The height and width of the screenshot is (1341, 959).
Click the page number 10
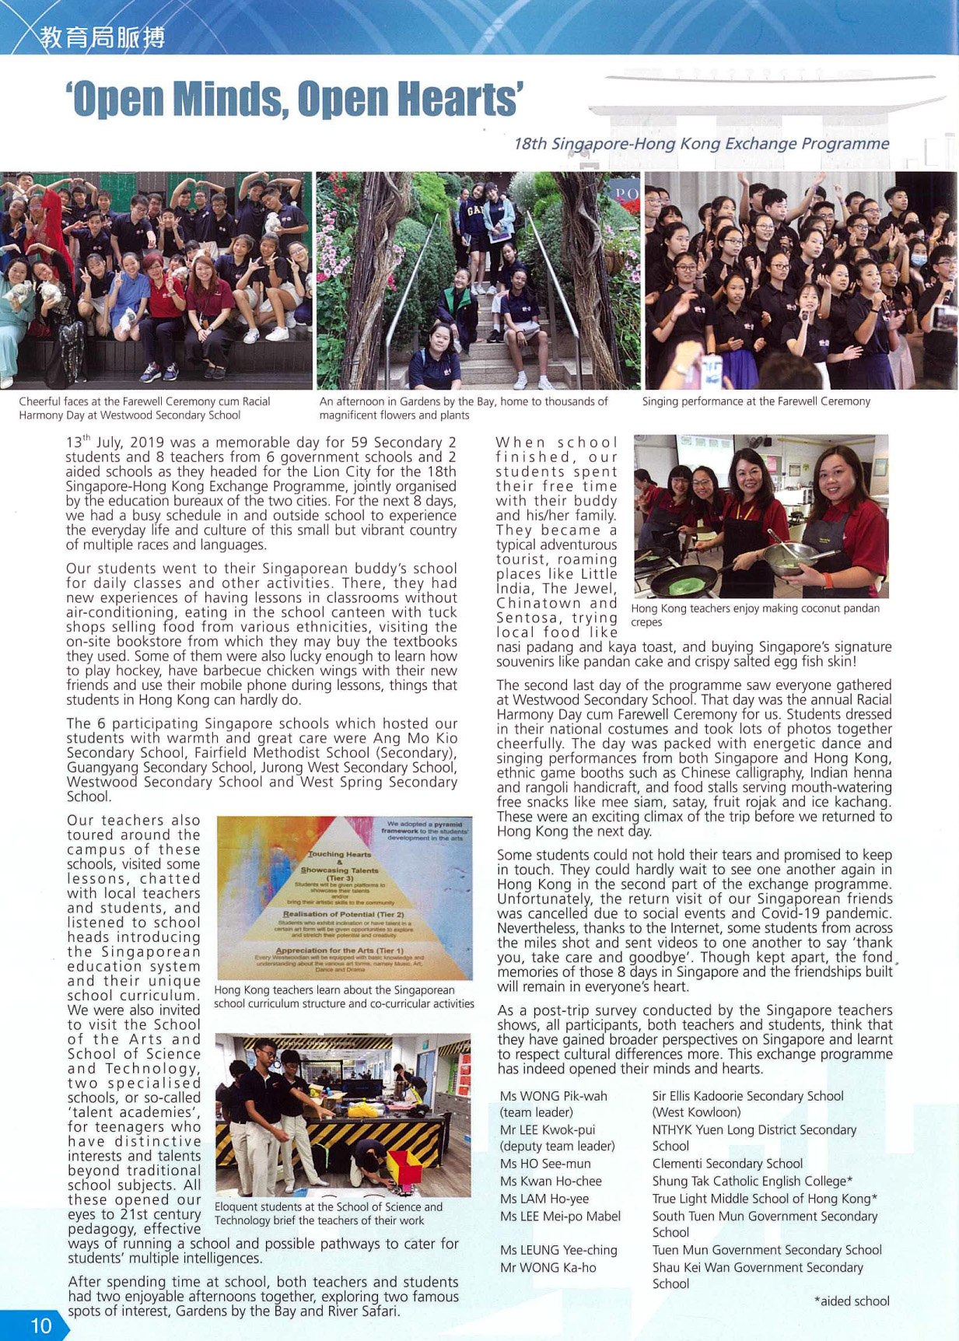[x=40, y=1325]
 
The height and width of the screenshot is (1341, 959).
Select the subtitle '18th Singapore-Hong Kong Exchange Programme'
[x=701, y=144]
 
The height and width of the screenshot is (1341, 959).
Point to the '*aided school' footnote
[x=852, y=1301]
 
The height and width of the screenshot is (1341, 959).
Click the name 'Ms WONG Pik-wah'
[x=553, y=1096]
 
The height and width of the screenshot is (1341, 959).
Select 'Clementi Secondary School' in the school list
[x=727, y=1164]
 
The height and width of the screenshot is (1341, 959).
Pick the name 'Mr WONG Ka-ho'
[x=548, y=1267]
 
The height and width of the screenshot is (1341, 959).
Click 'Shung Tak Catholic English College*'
[x=752, y=1181]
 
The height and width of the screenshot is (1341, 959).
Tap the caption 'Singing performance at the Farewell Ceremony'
[x=756, y=401]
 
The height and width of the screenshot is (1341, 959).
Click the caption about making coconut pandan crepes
[x=754, y=614]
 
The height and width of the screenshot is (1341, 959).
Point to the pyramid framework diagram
[x=344, y=898]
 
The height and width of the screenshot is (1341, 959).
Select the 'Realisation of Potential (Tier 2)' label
[x=343, y=914]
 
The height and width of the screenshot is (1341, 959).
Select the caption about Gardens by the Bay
[x=464, y=408]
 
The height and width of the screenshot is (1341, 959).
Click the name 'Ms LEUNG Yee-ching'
[x=558, y=1250]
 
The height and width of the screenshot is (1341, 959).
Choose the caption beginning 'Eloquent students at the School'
[x=328, y=1213]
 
